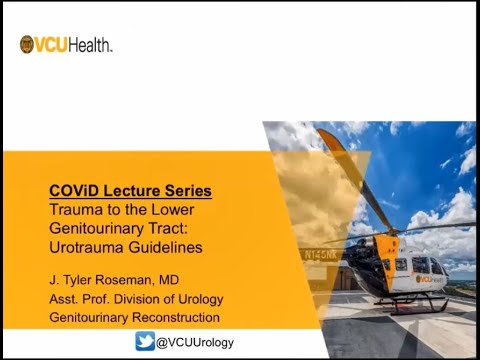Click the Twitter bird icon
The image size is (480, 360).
[x=146, y=342]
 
